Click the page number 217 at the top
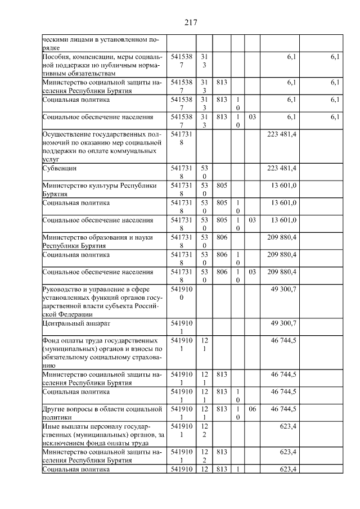click(190, 22)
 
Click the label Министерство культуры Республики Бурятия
click(96, 189)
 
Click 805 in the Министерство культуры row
click(221, 185)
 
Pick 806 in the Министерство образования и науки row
click(221, 237)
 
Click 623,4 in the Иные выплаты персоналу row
click(287, 426)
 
